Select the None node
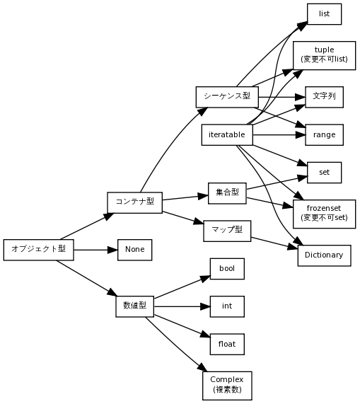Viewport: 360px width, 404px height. [x=134, y=250]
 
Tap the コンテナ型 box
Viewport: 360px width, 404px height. [x=134, y=202]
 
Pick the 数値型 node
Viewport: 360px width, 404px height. [x=134, y=306]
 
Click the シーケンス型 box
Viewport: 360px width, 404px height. [x=226, y=96]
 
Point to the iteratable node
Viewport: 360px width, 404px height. [x=226, y=134]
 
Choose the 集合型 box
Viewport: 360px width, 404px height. [x=227, y=192]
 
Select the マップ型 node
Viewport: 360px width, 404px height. [x=227, y=229]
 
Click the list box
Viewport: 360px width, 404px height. [x=324, y=13]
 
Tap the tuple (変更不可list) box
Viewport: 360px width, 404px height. [x=324, y=54]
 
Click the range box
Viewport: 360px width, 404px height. [x=324, y=134]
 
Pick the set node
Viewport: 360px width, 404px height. [x=324, y=172]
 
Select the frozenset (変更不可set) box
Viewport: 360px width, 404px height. [x=324, y=213]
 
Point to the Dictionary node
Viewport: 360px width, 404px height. [x=324, y=255]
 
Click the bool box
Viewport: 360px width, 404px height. [x=227, y=269]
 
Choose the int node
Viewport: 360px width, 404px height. [x=227, y=306]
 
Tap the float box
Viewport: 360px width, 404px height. [x=227, y=344]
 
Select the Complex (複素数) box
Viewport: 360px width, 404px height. [x=227, y=385]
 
